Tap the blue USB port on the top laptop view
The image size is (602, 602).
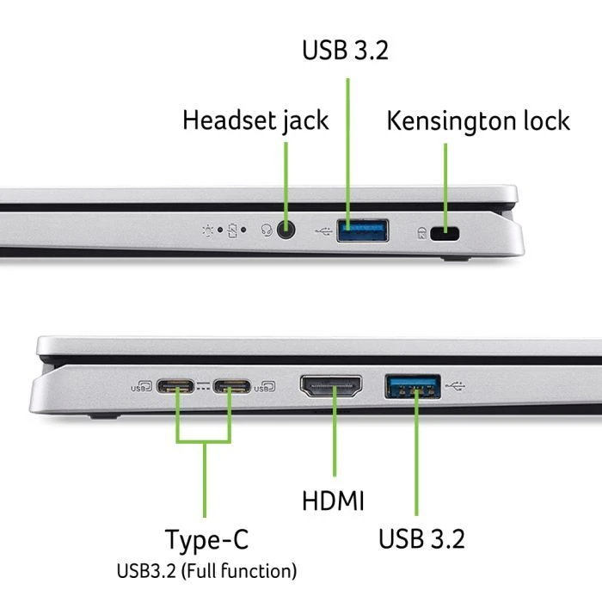pos(362,230)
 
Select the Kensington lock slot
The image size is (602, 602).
pos(445,233)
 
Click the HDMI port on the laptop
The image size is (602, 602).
pos(330,388)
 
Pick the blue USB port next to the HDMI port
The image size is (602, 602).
pos(414,387)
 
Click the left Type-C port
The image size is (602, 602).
pos(179,387)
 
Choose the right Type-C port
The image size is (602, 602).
pos(230,387)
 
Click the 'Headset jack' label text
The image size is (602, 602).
pos(255,120)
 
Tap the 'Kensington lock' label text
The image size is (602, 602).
pos(477,120)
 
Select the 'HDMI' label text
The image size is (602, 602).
pos(334,501)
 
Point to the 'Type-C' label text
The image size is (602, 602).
pos(206,540)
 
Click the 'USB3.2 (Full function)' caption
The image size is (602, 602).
pos(206,569)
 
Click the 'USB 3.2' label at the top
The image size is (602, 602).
pos(345,49)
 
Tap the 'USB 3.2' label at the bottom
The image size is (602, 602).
pos(421,539)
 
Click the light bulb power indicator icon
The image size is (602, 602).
pos(207,230)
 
